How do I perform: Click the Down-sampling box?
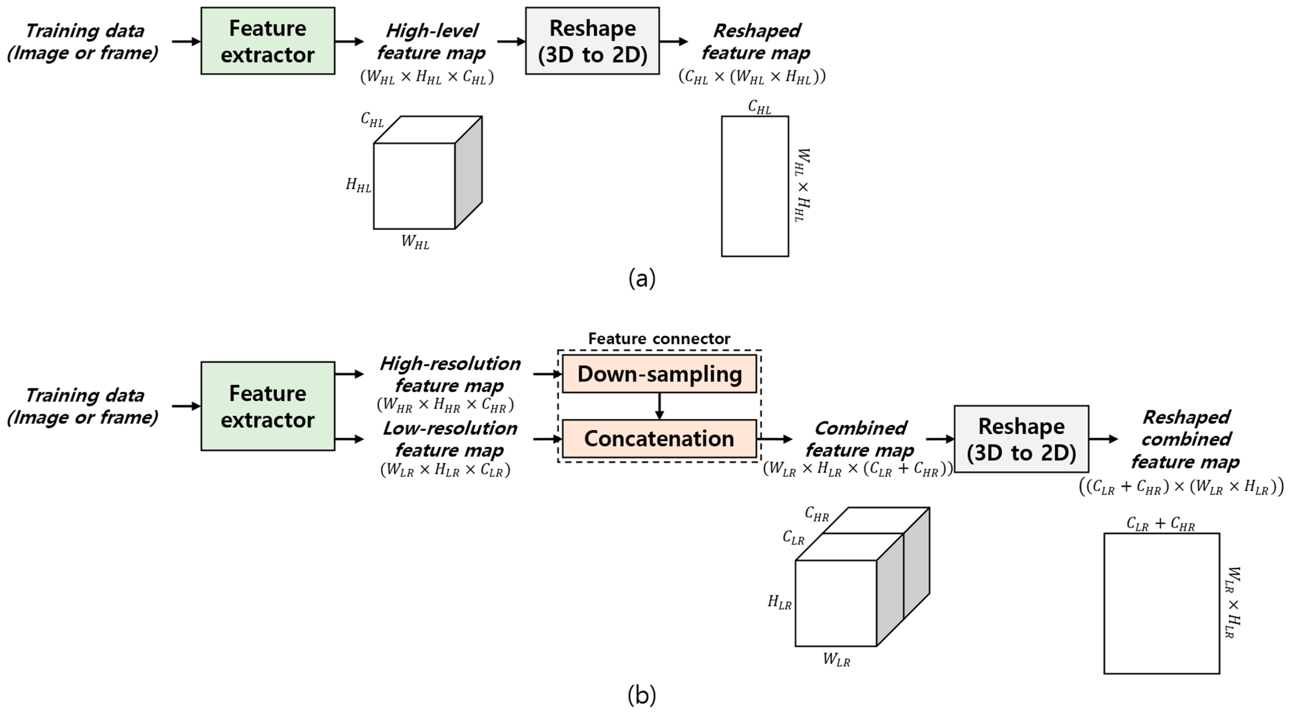(x=659, y=374)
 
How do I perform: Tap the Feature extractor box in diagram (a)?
(x=268, y=41)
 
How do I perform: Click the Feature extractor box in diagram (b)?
(x=268, y=406)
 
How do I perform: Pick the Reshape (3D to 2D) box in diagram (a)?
(x=592, y=41)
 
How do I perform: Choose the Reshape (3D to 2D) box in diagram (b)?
(x=1021, y=439)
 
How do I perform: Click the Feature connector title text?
(x=659, y=339)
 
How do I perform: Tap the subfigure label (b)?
(x=642, y=695)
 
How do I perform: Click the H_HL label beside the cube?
(x=358, y=185)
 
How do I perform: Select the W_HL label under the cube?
(x=415, y=242)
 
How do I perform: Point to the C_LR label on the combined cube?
(x=794, y=538)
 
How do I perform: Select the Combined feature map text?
(x=860, y=439)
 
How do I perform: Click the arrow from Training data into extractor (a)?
(x=186, y=41)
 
